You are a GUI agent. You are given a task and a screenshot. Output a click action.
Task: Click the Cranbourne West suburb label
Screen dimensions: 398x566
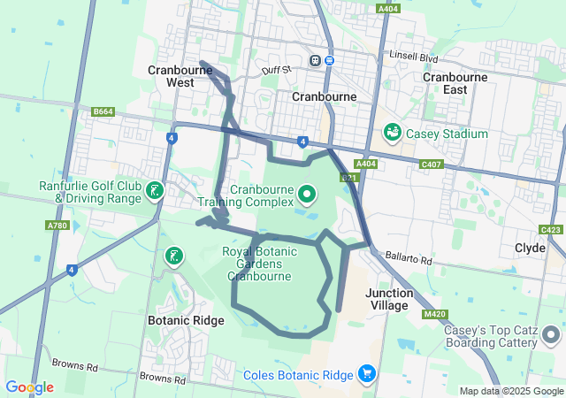click(171, 76)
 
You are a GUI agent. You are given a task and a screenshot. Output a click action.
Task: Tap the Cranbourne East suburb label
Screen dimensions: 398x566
click(455, 83)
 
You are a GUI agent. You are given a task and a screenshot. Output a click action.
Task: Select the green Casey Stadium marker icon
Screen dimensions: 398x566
click(392, 133)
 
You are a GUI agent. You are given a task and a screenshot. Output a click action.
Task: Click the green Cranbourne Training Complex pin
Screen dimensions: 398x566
click(307, 193)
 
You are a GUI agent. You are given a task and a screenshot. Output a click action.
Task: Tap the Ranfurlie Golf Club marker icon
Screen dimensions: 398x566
click(156, 191)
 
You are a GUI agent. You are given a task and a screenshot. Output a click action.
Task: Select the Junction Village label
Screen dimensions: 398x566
click(388, 299)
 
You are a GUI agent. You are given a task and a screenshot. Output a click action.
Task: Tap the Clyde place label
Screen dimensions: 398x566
click(530, 249)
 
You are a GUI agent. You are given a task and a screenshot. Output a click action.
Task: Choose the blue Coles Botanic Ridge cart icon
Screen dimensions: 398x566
click(366, 374)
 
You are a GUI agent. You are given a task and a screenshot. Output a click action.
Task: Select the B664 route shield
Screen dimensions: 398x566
click(103, 111)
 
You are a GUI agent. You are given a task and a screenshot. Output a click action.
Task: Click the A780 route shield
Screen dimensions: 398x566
click(57, 226)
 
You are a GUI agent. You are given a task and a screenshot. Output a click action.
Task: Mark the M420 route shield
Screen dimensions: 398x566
click(434, 314)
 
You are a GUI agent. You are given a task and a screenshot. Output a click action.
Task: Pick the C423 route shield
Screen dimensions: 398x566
click(550, 229)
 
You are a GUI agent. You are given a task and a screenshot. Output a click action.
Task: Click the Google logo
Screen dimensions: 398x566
click(29, 387)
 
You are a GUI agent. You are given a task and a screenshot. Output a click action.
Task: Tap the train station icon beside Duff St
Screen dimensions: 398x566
click(314, 60)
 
